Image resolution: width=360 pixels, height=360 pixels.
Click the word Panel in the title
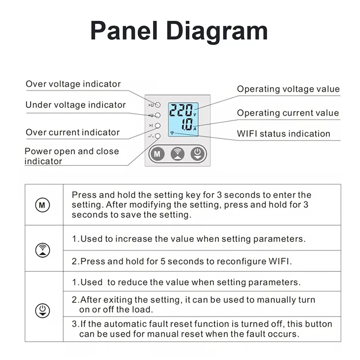pos(124,31)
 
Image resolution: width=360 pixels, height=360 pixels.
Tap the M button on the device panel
pos(157,154)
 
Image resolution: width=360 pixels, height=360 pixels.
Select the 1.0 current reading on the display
pos(186,125)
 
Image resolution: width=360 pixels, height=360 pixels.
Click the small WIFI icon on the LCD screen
pos(172,133)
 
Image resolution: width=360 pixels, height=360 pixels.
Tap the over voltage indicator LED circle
pos(158,105)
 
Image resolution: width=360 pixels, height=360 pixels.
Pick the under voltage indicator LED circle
pos(158,115)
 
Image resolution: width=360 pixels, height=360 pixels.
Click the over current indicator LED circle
pos(158,126)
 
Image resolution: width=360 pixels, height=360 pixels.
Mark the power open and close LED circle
pos(158,136)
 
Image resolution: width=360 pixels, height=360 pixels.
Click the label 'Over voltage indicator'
pos(73,84)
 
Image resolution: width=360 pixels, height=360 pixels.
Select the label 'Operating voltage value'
pos(288,89)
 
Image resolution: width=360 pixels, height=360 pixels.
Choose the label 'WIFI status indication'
pos(283,134)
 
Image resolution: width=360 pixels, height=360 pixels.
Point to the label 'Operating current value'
pos(288,113)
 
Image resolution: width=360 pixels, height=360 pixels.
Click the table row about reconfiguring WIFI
pos(182,261)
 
